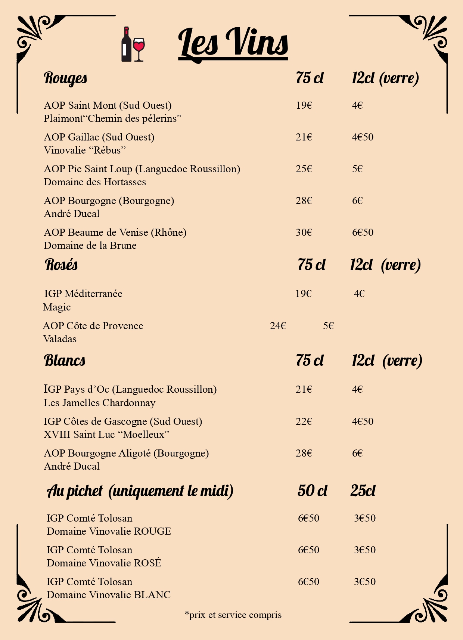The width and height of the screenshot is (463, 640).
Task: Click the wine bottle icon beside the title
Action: (x=126, y=44)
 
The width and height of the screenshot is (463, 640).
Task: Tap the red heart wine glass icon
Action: (x=139, y=49)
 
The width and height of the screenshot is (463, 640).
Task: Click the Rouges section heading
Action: (x=65, y=78)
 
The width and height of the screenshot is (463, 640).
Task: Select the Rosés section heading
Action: (x=61, y=265)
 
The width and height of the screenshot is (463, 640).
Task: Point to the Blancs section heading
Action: (x=65, y=361)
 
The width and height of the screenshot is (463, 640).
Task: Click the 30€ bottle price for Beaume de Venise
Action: (x=304, y=232)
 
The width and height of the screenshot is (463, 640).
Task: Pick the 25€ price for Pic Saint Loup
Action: (x=304, y=169)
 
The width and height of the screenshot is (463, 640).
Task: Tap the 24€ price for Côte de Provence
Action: (x=278, y=326)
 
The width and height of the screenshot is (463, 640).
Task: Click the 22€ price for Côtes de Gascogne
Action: (x=304, y=421)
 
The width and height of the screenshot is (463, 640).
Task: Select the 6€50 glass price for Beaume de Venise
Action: (x=363, y=232)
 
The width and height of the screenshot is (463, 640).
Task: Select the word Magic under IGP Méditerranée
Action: (x=57, y=307)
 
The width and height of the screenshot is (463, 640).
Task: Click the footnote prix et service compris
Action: (x=233, y=615)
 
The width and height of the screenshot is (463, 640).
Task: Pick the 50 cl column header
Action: (x=312, y=491)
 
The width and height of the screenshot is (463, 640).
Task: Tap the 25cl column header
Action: (x=363, y=491)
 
